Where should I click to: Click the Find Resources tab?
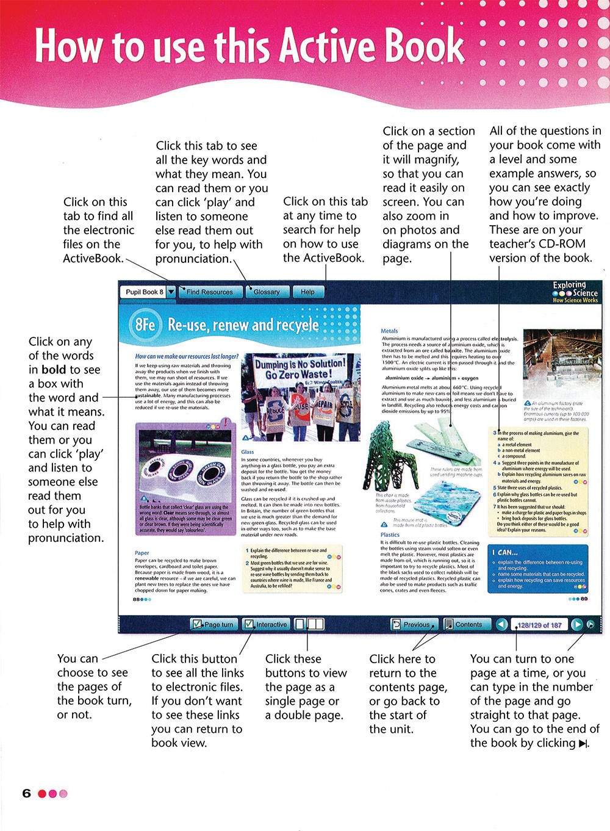pos(209,292)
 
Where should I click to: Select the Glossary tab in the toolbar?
pos(267,292)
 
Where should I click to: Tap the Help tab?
pos(307,292)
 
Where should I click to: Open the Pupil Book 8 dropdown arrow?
pos(171,292)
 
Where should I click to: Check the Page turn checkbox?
pos(197,624)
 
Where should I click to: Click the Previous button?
pos(412,624)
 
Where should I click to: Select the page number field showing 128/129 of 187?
pos(539,625)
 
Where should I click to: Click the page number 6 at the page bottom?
pos(26,793)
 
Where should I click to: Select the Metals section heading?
pos(389,331)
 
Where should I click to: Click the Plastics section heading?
pos(390,534)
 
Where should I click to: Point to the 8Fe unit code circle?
pos(145,324)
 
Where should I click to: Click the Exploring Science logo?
pos(575,292)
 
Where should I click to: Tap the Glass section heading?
pos(247,452)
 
